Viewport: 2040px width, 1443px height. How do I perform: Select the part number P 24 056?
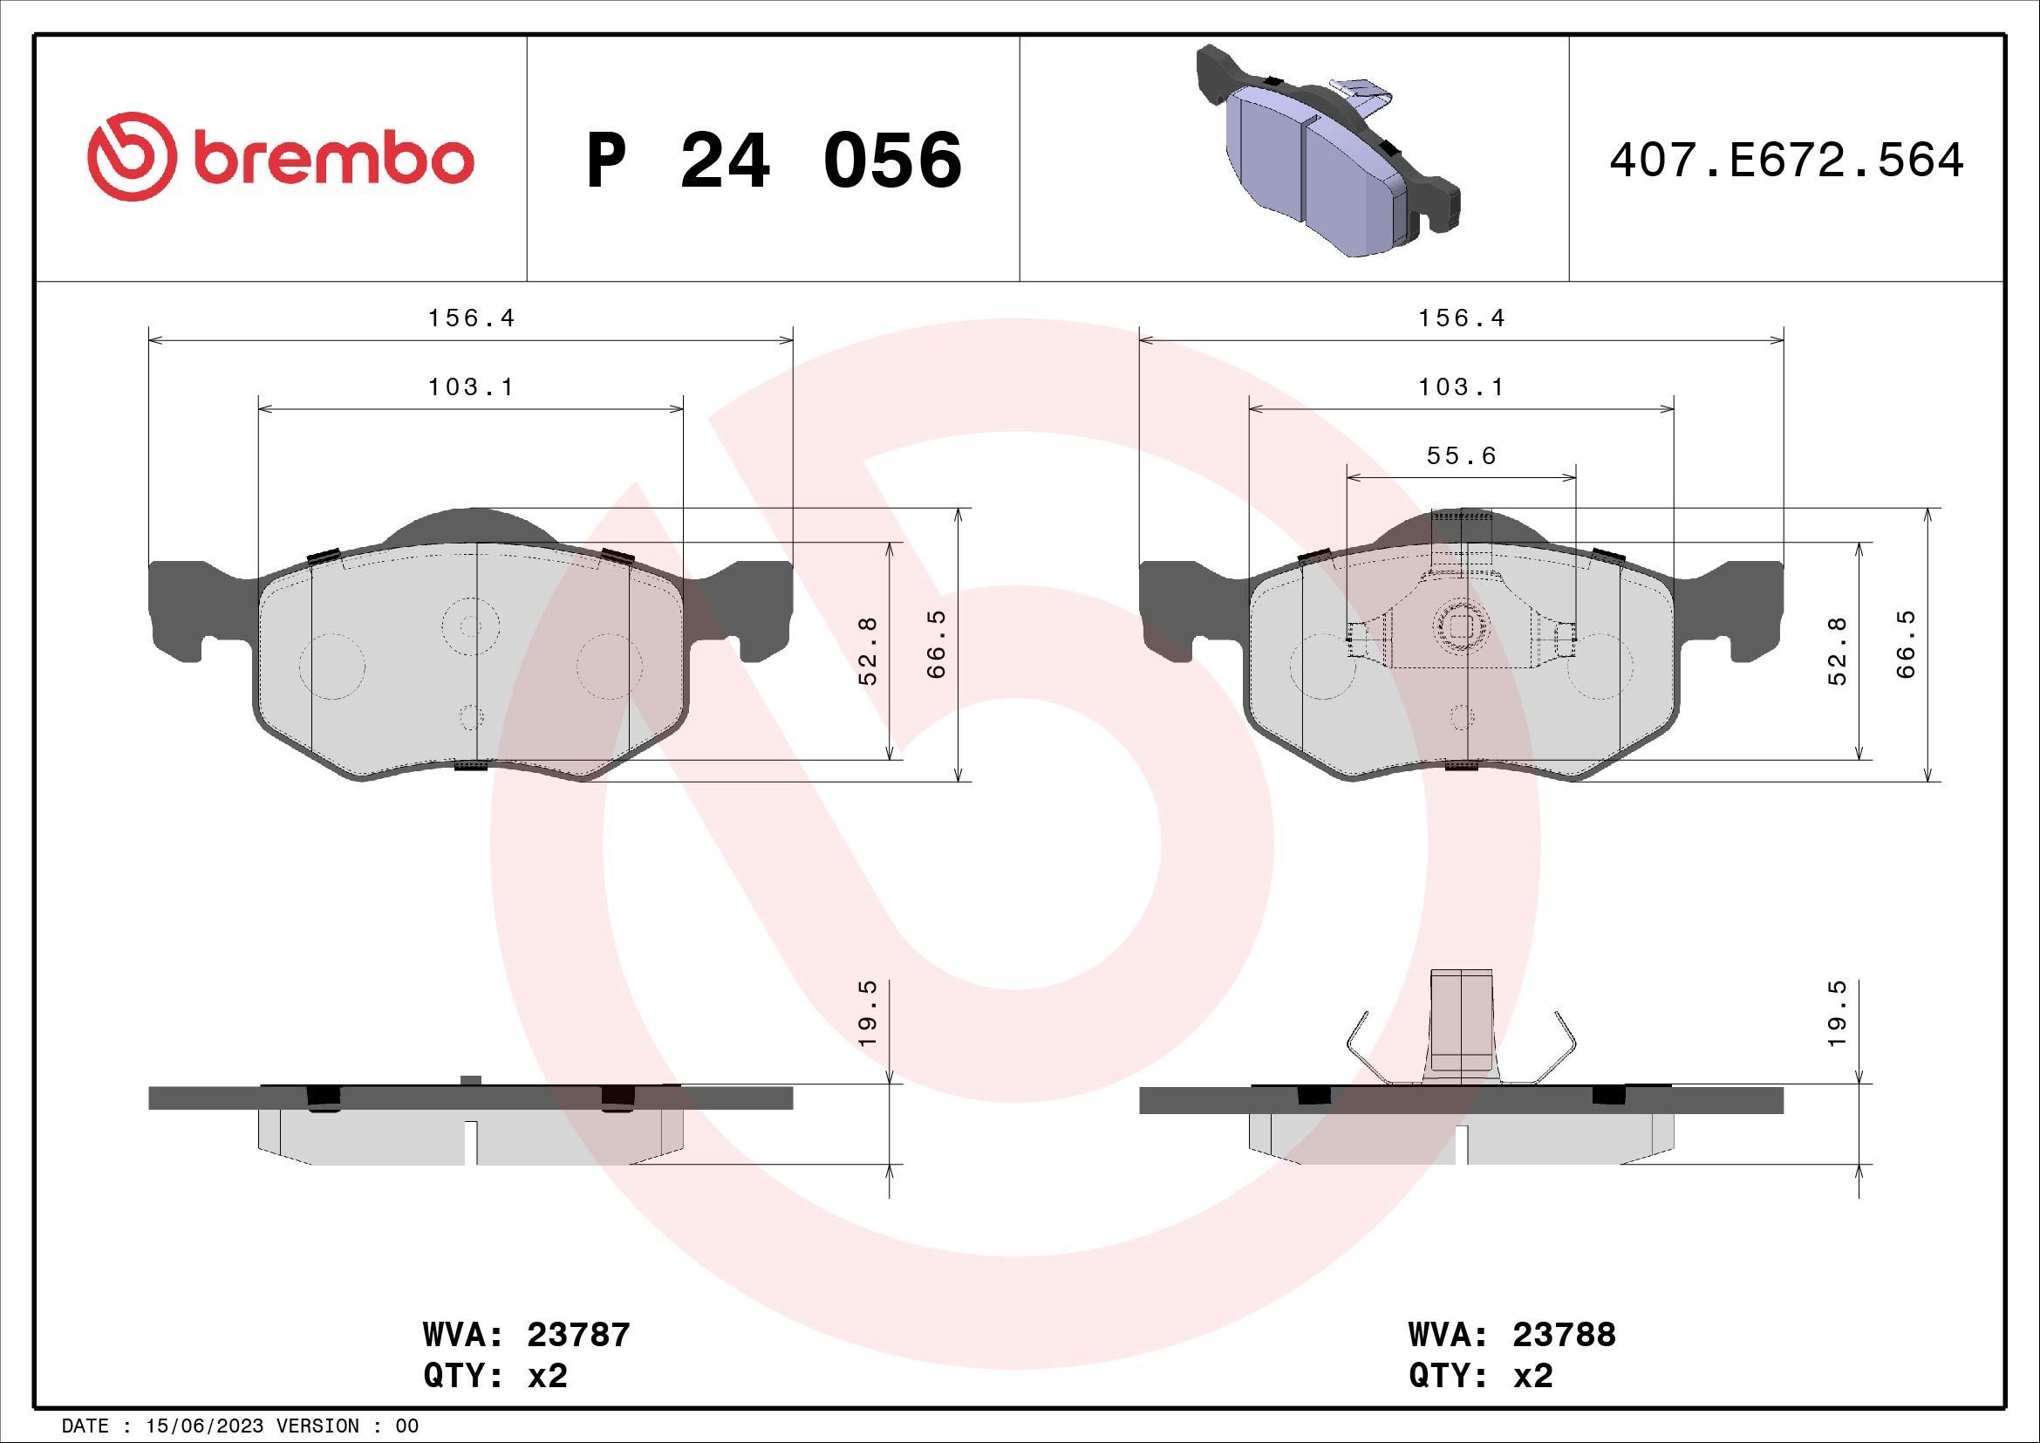(774, 161)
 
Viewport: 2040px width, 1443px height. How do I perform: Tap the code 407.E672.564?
(1787, 161)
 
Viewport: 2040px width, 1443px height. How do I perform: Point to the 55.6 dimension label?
(1462, 455)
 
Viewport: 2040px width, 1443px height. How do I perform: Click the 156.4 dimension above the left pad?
(471, 318)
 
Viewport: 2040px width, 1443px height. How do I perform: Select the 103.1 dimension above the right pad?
(1462, 387)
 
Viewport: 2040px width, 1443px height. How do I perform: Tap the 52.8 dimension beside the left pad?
(868, 651)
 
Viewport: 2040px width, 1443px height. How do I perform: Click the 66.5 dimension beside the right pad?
(1906, 644)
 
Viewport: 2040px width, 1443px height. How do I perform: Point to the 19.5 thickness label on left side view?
(868, 1012)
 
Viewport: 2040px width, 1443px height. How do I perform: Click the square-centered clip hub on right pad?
(1461, 627)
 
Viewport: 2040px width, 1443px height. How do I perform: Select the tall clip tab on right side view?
(1462, 1022)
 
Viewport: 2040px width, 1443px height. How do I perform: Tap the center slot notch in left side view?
(471, 1142)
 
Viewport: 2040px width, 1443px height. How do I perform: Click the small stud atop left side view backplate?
(471, 1079)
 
